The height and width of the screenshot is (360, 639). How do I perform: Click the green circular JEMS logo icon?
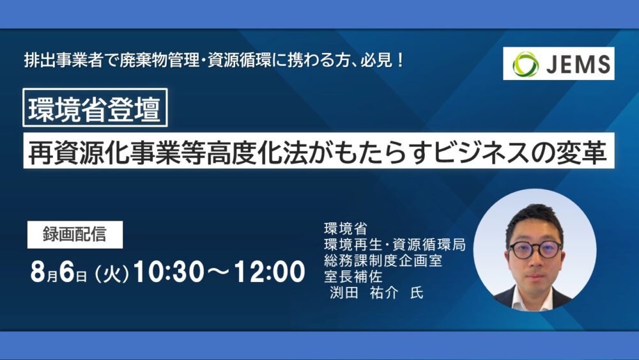click(525, 64)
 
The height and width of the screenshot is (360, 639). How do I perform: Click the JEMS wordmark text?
click(578, 64)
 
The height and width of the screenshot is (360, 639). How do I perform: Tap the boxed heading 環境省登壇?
click(95, 107)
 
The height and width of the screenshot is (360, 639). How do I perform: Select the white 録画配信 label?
click(75, 235)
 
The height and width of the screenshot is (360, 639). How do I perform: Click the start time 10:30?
click(168, 272)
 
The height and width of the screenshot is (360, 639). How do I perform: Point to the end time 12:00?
click(270, 272)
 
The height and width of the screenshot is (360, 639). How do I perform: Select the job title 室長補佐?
click(353, 277)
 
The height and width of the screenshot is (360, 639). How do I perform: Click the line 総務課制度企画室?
click(383, 260)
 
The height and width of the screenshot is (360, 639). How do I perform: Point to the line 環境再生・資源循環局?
click(394, 245)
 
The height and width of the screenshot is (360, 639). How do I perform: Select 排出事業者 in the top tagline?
click(63, 60)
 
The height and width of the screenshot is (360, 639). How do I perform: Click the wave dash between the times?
click(219, 272)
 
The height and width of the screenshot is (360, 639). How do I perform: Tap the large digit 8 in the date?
click(38, 272)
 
